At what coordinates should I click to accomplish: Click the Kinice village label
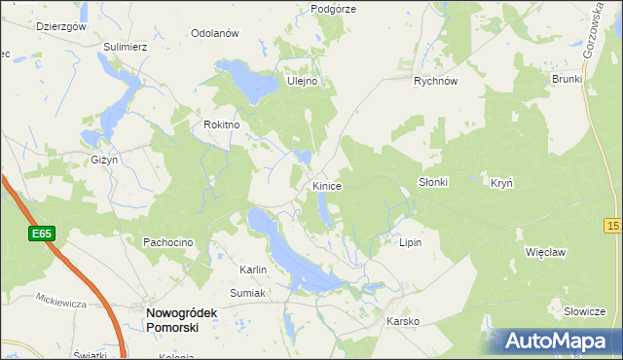[x=326, y=185]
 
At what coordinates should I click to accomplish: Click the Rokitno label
[x=221, y=125]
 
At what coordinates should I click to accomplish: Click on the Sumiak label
[x=248, y=292]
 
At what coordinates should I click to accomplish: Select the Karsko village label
[x=402, y=320]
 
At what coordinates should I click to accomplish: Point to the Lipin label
[x=410, y=242]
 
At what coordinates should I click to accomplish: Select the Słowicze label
[x=585, y=311]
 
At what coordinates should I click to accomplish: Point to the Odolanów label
[x=215, y=33]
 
